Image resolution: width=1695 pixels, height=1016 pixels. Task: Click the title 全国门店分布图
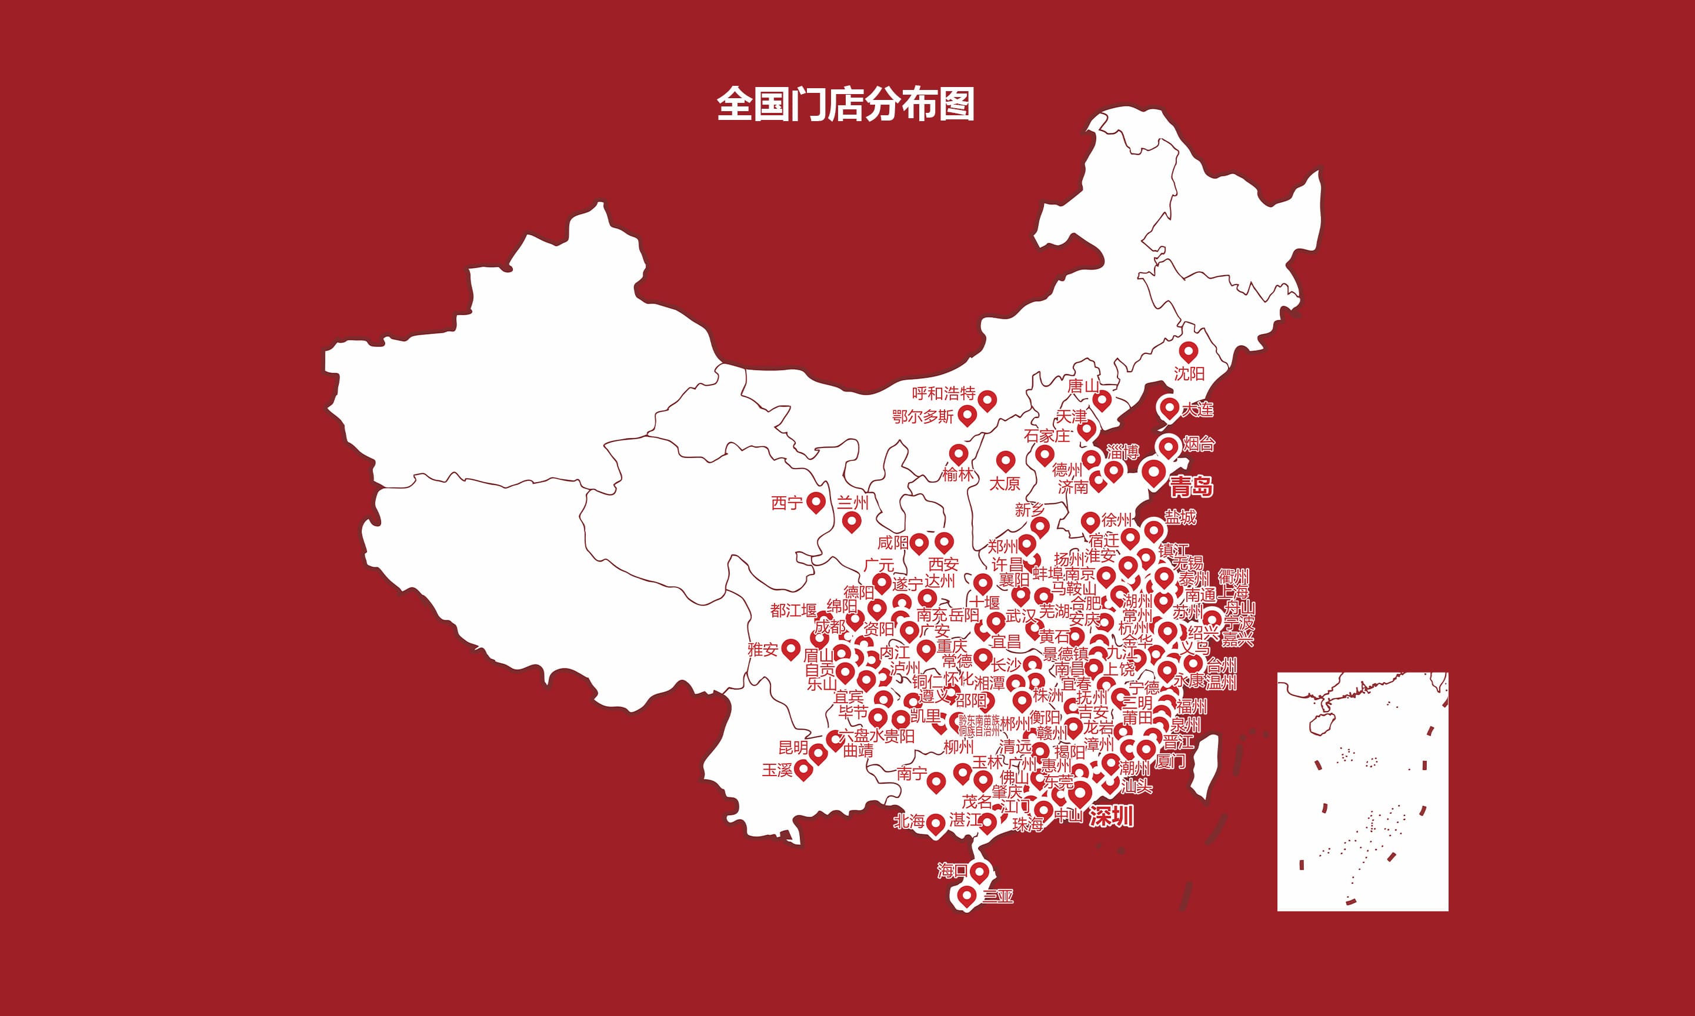[x=846, y=104]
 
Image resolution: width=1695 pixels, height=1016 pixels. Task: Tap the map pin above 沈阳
[x=1188, y=351]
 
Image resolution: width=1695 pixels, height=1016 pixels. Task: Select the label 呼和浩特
[x=943, y=394]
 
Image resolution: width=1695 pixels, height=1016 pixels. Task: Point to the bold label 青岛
[x=1191, y=487]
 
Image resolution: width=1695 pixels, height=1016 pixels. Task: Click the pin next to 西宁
[x=816, y=502]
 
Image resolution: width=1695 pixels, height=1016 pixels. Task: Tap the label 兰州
[x=853, y=503]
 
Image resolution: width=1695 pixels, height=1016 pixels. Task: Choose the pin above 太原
[x=1005, y=461]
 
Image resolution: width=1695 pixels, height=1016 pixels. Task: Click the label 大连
[x=1197, y=409]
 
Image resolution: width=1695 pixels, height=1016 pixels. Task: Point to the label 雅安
[x=762, y=649]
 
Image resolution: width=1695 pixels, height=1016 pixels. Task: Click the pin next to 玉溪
[x=803, y=770]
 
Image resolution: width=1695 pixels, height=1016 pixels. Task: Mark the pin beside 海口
[x=980, y=872]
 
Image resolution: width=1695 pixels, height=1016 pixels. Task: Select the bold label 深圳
[x=1111, y=816]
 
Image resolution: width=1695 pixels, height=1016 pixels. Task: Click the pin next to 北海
[x=936, y=824]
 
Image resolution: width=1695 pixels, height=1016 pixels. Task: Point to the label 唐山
[x=1083, y=387]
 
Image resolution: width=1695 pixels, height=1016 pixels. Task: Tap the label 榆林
[x=957, y=474]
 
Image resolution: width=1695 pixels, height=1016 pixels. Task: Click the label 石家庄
[x=1046, y=436]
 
